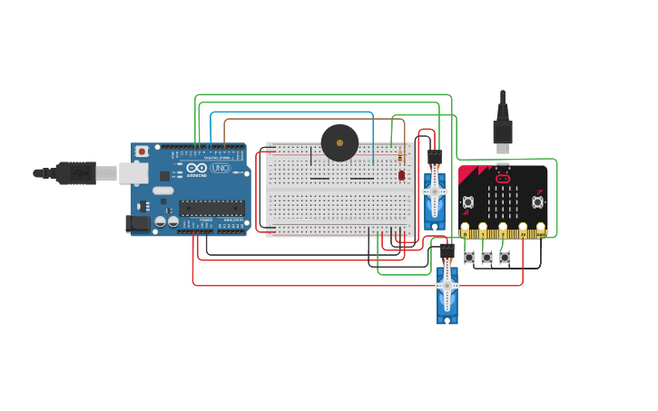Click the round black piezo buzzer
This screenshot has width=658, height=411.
tap(339, 142)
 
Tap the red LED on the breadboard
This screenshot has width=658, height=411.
tap(401, 174)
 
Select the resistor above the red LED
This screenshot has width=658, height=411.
tap(400, 158)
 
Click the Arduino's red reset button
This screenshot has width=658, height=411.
tap(142, 152)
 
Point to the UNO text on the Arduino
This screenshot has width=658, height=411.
tap(220, 168)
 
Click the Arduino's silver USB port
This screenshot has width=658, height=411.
tap(133, 172)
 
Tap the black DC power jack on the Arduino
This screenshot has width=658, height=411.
tap(138, 223)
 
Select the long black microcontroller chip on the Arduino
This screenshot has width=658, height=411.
tap(211, 207)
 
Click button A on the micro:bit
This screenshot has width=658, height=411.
tap(468, 202)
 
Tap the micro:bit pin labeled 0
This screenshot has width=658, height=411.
tap(465, 230)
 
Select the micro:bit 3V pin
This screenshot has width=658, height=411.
tap(523, 230)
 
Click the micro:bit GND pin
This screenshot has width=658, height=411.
tap(541, 230)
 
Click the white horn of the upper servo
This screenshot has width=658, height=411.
tap(435, 191)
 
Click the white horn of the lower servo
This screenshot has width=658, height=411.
tap(447, 286)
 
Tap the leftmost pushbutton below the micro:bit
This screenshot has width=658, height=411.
tap(469, 258)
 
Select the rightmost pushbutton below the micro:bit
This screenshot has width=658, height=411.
tap(505, 258)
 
